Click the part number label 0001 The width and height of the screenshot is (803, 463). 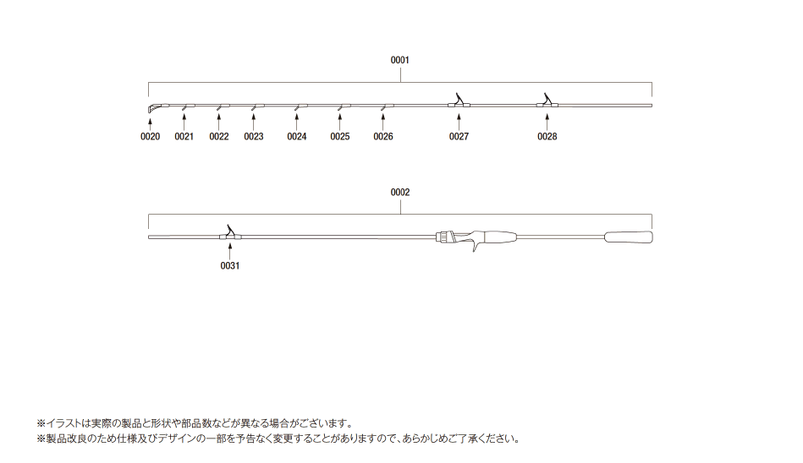[x=400, y=60]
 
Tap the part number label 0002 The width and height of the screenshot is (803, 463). [x=400, y=193]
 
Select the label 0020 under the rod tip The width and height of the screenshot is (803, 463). [x=150, y=137]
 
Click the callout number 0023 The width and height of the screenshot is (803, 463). [x=254, y=137]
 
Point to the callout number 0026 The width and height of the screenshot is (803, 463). [x=383, y=137]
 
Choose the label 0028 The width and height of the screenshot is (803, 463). [x=547, y=137]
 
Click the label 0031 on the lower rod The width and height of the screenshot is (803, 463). [x=230, y=266]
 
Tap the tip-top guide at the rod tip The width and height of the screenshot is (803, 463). [x=154, y=108]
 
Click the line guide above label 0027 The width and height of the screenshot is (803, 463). [x=459, y=101]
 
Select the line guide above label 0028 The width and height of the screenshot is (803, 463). [x=547, y=101]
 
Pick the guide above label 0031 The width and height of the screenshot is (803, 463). [x=230, y=232]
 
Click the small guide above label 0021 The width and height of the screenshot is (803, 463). [x=186, y=106]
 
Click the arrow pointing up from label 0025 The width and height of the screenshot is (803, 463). [x=339, y=122]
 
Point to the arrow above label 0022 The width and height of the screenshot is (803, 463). [x=218, y=122]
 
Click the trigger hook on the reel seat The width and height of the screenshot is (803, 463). [x=476, y=246]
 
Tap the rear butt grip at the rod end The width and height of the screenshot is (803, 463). [x=629, y=237]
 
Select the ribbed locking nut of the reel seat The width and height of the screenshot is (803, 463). [x=446, y=237]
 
